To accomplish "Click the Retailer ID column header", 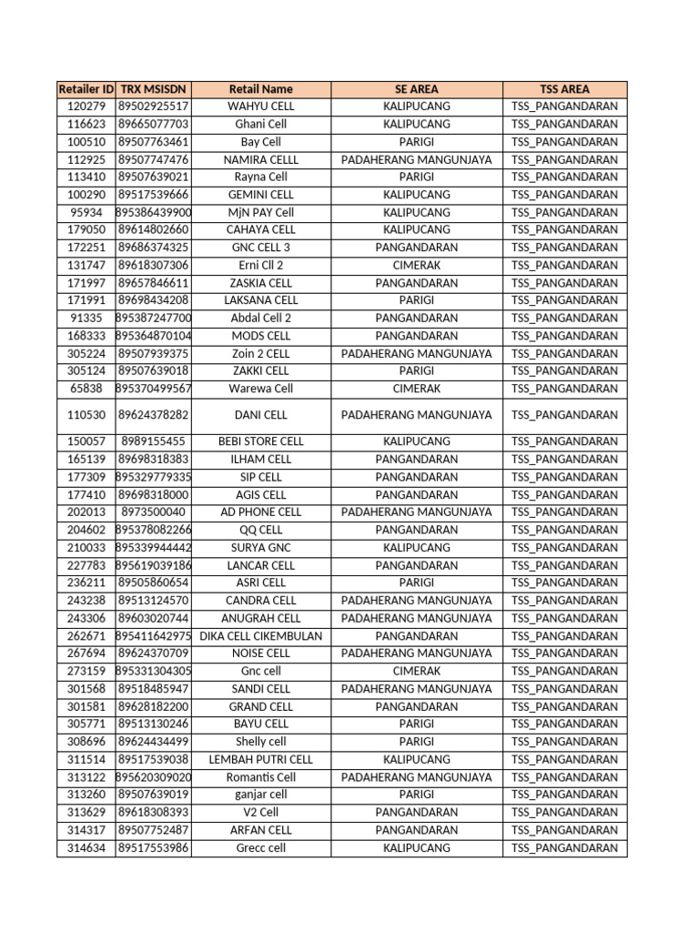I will pos(86,89).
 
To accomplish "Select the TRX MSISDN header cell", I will pos(153,89).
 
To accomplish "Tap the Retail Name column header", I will pos(261,89).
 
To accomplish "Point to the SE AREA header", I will pos(417,89).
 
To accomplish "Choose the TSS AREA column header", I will pos(564,89).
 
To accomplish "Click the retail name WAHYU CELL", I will pos(261,106).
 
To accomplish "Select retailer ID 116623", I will pos(86,124).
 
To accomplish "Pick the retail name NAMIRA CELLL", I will pos(261,159).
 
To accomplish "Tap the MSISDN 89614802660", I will pos(153,229).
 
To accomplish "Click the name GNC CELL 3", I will pos(261,248).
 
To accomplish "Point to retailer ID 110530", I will pos(86,415).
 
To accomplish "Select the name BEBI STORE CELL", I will pos(261,441).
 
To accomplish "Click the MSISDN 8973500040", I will pos(153,512).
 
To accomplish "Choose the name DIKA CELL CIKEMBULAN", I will pos(261,636).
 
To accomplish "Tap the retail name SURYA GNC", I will pos(261,548).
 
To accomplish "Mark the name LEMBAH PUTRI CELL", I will pos(261,759).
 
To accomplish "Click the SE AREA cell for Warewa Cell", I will pos(417,389).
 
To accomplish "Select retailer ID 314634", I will pos(86,847).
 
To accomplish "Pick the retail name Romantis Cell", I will pos(261,777).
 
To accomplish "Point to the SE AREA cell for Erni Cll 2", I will pos(417,265).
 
